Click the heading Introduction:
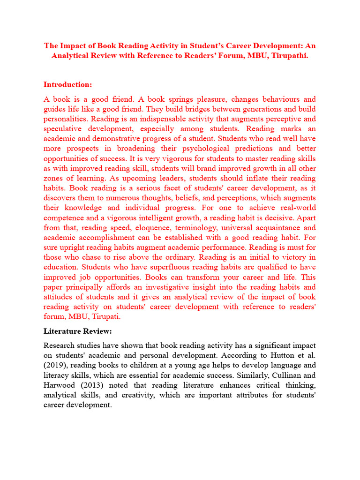(68, 84)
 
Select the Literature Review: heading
(78, 331)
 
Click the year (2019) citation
(55, 365)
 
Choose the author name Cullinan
(278, 375)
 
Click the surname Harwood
(59, 385)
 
